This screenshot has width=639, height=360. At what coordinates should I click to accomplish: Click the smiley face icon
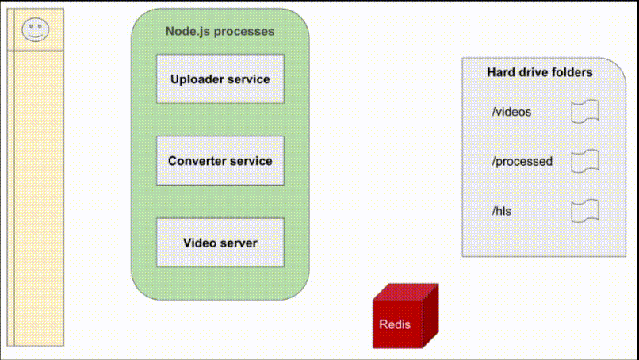pos(35,31)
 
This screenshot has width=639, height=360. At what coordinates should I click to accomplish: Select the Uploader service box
pos(220,79)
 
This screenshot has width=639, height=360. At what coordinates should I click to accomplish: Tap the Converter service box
pos(220,161)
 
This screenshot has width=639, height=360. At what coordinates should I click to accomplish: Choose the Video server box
pos(220,243)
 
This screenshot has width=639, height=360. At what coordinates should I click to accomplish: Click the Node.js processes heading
pos(220,32)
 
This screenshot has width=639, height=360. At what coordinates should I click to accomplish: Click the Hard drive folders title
pos(539,72)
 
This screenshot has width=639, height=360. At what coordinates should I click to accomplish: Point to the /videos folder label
pos(511,112)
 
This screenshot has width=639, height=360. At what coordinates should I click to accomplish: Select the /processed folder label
pos(522,161)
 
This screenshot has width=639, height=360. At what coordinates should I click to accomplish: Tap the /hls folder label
pos(503,210)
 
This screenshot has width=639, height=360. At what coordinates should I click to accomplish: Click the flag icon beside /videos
pos(585,112)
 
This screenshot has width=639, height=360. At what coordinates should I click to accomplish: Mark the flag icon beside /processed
pos(585,161)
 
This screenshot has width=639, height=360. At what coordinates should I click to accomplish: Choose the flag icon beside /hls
pos(585,210)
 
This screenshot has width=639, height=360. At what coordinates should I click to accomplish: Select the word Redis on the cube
pos(395,324)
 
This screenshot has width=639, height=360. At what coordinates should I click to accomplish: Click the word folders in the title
pos(571,72)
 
